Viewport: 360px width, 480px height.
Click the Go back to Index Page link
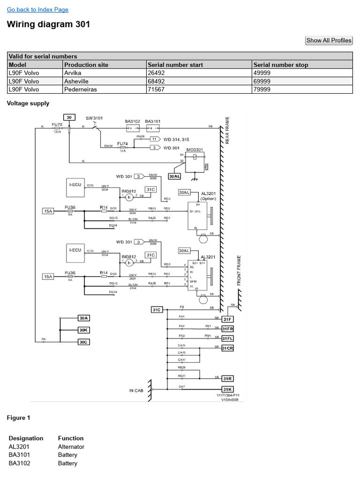click(x=37, y=9)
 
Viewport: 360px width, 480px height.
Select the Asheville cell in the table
click(x=78, y=81)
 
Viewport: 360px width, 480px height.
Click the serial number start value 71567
click(x=156, y=89)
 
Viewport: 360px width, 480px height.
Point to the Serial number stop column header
click(x=280, y=65)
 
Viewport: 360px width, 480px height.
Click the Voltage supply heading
click(x=28, y=103)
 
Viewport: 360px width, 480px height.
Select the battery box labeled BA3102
click(x=132, y=127)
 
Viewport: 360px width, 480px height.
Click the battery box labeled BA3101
click(x=153, y=127)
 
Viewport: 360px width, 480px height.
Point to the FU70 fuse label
click(x=56, y=124)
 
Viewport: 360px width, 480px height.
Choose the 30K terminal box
click(x=83, y=330)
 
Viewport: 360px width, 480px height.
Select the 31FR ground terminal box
click(x=227, y=329)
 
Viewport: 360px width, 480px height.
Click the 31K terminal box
click(x=227, y=389)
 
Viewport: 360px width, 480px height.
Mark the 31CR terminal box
click(x=227, y=348)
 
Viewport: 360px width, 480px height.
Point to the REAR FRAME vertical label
click(x=227, y=130)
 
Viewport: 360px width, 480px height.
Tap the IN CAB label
click(x=137, y=390)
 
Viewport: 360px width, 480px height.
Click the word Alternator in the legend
click(x=71, y=447)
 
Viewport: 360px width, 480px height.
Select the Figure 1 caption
click(x=19, y=417)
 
